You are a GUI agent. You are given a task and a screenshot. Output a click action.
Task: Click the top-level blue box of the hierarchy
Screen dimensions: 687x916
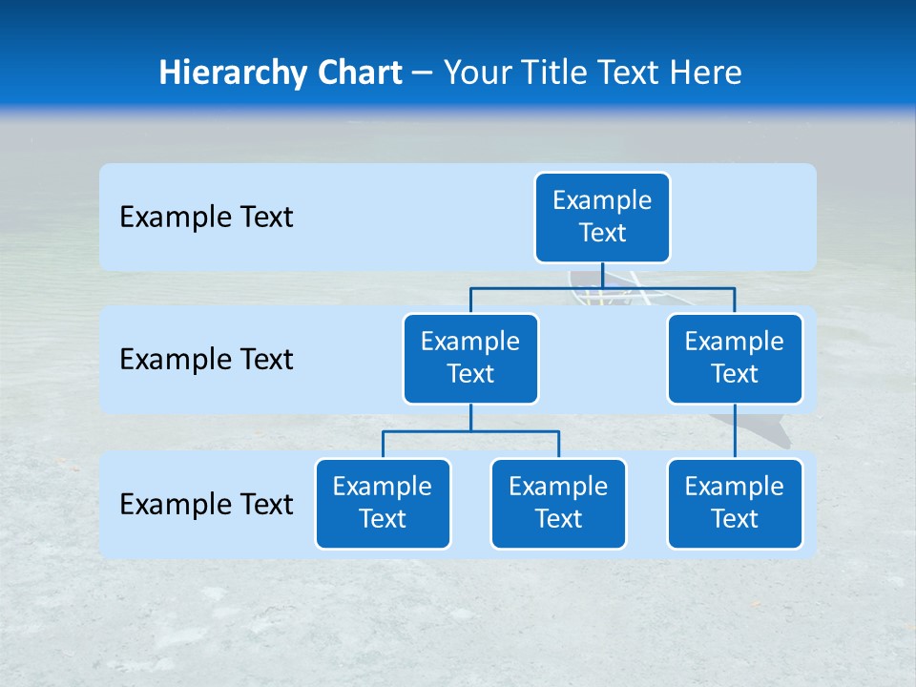602,218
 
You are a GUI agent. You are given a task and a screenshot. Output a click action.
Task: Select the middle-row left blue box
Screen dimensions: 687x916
470,359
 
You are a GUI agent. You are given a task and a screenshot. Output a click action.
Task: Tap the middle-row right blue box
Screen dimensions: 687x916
735,359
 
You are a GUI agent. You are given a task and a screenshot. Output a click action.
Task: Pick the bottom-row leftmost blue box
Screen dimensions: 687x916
383,504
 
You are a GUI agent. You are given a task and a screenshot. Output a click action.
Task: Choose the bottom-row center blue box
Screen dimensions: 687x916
558,504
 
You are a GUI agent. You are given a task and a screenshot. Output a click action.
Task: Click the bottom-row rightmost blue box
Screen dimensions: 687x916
735,504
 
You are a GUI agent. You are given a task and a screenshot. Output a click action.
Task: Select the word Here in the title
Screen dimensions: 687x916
706,73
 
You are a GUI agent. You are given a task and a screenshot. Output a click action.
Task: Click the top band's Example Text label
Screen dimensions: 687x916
206,218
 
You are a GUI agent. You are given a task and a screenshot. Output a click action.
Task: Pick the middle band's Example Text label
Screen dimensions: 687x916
206,360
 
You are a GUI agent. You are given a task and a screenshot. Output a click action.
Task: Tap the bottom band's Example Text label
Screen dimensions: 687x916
206,504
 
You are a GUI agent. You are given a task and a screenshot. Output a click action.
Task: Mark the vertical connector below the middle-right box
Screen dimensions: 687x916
735,431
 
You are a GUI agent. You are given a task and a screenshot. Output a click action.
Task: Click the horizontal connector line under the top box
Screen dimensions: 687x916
534,287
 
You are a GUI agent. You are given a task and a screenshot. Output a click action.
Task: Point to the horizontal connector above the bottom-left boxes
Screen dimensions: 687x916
429,431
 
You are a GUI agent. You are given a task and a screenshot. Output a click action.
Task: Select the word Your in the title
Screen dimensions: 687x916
478,73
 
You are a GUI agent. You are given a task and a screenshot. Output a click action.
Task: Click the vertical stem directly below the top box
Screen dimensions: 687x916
602,275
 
